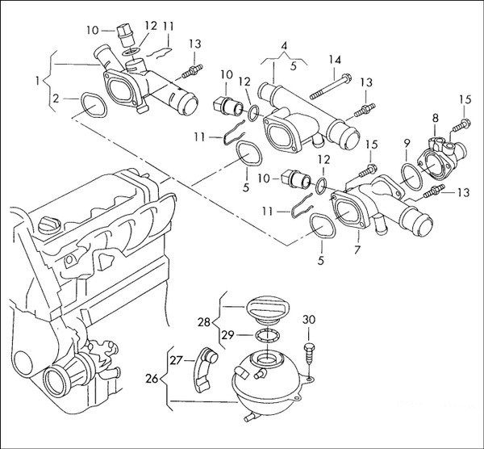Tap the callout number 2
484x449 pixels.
pyautogui.click(x=56, y=99)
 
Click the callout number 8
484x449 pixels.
pyautogui.click(x=435, y=119)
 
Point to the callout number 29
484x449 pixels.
pyautogui.click(x=228, y=334)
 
